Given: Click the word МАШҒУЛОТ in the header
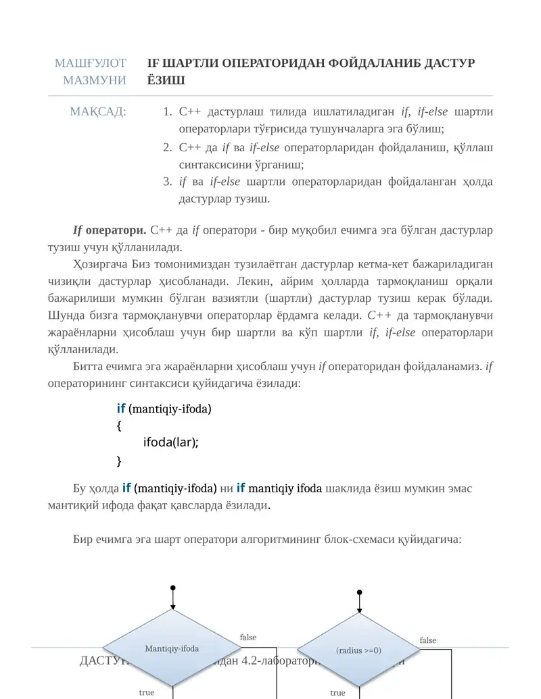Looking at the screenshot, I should [x=91, y=63].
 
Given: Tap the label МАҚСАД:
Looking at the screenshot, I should [x=98, y=111].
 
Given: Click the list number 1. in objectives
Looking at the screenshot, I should [x=168, y=111].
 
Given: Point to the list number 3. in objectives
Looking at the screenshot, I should [x=168, y=182].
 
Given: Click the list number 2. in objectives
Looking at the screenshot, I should [x=168, y=147].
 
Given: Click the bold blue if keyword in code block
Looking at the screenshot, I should [x=121, y=409].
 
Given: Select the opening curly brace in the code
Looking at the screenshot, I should [x=119, y=425].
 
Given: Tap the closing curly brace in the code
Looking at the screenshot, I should [x=119, y=461].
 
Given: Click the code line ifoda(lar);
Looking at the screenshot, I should [x=170, y=442].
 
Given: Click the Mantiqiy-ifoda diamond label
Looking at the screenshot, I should [x=172, y=649].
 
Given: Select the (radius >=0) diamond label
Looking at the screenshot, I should [x=358, y=650].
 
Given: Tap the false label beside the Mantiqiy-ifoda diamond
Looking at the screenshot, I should [x=248, y=638].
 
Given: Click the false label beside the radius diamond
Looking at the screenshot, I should [x=428, y=640].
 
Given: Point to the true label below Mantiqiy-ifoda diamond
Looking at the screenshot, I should [x=146, y=692].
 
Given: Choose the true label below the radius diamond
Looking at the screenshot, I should [x=337, y=693].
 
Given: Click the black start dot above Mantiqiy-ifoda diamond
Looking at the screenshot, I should [x=173, y=588].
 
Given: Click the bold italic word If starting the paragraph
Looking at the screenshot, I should [x=78, y=230].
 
